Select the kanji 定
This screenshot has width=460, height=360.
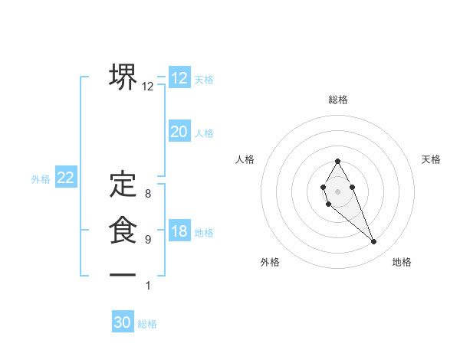coord(123,184)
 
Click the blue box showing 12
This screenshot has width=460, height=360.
coord(179,78)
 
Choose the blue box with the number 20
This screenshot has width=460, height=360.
coord(179,132)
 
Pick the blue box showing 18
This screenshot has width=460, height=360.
coord(179,231)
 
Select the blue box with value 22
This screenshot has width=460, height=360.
coord(66,178)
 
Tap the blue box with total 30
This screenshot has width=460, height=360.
coord(123,322)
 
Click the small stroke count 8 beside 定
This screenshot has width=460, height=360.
coord(148,194)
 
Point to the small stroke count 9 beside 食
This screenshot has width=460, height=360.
coord(148,240)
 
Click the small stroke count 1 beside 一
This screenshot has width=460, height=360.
coord(148,286)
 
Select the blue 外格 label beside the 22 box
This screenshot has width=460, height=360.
coord(41,179)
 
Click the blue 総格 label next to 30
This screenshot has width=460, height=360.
coord(147,324)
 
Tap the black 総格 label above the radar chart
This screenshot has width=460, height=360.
coord(338,100)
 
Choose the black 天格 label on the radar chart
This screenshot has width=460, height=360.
coord(431,159)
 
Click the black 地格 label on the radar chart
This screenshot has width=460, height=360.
coord(402,263)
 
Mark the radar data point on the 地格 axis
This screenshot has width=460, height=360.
coord(373,242)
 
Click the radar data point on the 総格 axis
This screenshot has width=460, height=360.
coord(337,162)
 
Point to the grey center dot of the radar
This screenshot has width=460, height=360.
coord(337,191)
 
